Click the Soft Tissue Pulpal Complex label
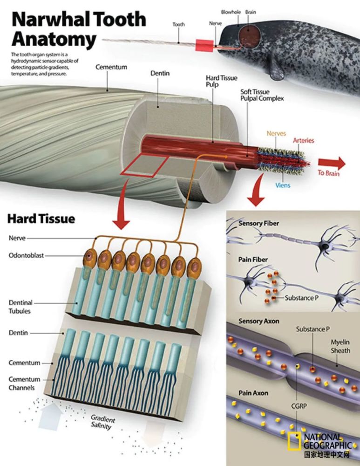pos(261,95)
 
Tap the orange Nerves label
pos(276,134)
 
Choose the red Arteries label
pos(303,140)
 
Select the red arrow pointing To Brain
pos(331,163)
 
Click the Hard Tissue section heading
pos(41,218)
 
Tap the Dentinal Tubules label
pos(20,307)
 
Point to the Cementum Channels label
pos(24,384)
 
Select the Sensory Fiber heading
pos(258,224)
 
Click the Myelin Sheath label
pos(340,346)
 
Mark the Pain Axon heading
pos(253,393)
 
